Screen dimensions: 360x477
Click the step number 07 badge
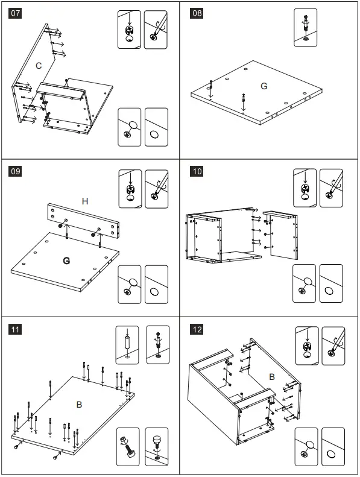(15, 13)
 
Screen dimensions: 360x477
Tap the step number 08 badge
(197, 13)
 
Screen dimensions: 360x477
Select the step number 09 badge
(15, 171)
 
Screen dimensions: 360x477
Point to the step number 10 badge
(197, 171)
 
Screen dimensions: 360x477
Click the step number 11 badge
(15, 329)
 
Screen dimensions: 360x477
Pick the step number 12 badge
(197, 329)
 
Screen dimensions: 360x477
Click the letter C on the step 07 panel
(39, 66)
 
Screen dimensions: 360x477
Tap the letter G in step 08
(264, 86)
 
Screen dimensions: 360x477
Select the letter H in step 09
(85, 201)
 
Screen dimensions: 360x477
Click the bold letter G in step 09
(66, 261)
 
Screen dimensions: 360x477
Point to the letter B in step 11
(79, 405)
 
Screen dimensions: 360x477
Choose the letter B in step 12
(272, 377)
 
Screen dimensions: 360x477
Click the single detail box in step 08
(306, 28)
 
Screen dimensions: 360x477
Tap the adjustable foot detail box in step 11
(156, 447)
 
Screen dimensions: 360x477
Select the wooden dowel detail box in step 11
(127, 345)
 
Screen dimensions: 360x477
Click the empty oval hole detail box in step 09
(156, 285)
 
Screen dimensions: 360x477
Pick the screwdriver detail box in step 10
(331, 188)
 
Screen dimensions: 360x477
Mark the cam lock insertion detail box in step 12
(307, 346)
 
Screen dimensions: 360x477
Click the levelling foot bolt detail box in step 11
(128, 447)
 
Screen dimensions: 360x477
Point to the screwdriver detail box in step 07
(156, 30)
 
